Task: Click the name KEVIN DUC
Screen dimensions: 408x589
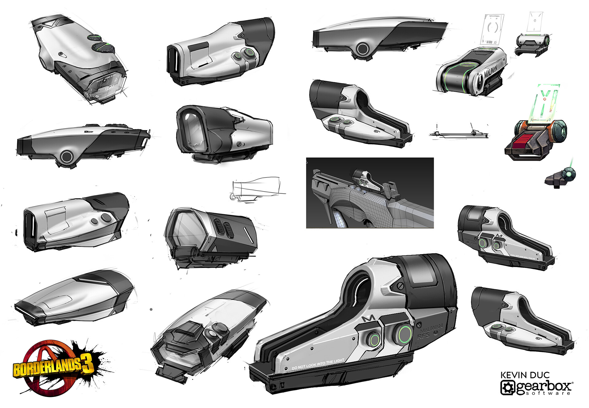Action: (525, 375)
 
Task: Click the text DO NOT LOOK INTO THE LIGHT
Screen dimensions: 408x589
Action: (318, 364)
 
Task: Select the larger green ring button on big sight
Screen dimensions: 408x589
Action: (405, 334)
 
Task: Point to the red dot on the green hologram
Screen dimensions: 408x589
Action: (545, 99)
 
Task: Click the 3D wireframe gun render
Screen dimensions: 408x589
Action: (370, 193)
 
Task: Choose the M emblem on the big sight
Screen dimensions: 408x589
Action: (368, 319)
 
